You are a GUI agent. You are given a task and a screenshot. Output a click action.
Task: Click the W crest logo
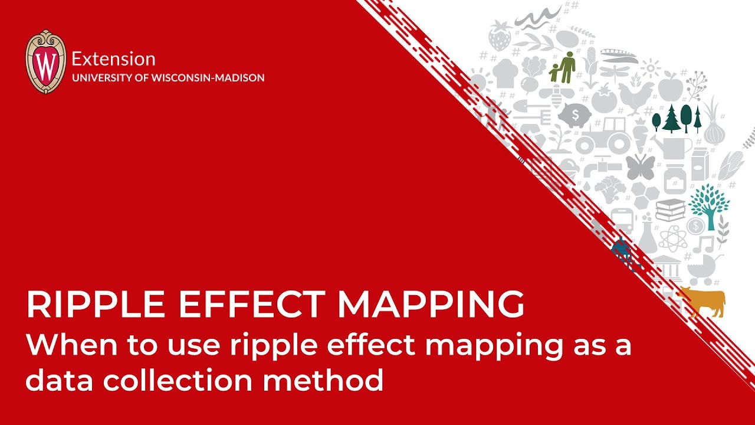[x=45, y=62]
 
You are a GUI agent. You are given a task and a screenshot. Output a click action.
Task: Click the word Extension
[x=113, y=59]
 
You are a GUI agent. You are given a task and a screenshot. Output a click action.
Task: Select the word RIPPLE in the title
[x=95, y=305]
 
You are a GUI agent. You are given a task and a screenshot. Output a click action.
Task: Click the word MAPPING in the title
[x=431, y=305]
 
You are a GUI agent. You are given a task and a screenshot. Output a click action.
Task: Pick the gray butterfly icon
[x=640, y=168]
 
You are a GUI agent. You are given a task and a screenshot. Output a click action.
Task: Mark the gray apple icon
[x=670, y=87]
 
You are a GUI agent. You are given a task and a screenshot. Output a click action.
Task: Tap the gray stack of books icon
[x=670, y=210]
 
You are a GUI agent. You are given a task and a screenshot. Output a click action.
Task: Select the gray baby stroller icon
[x=702, y=269]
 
